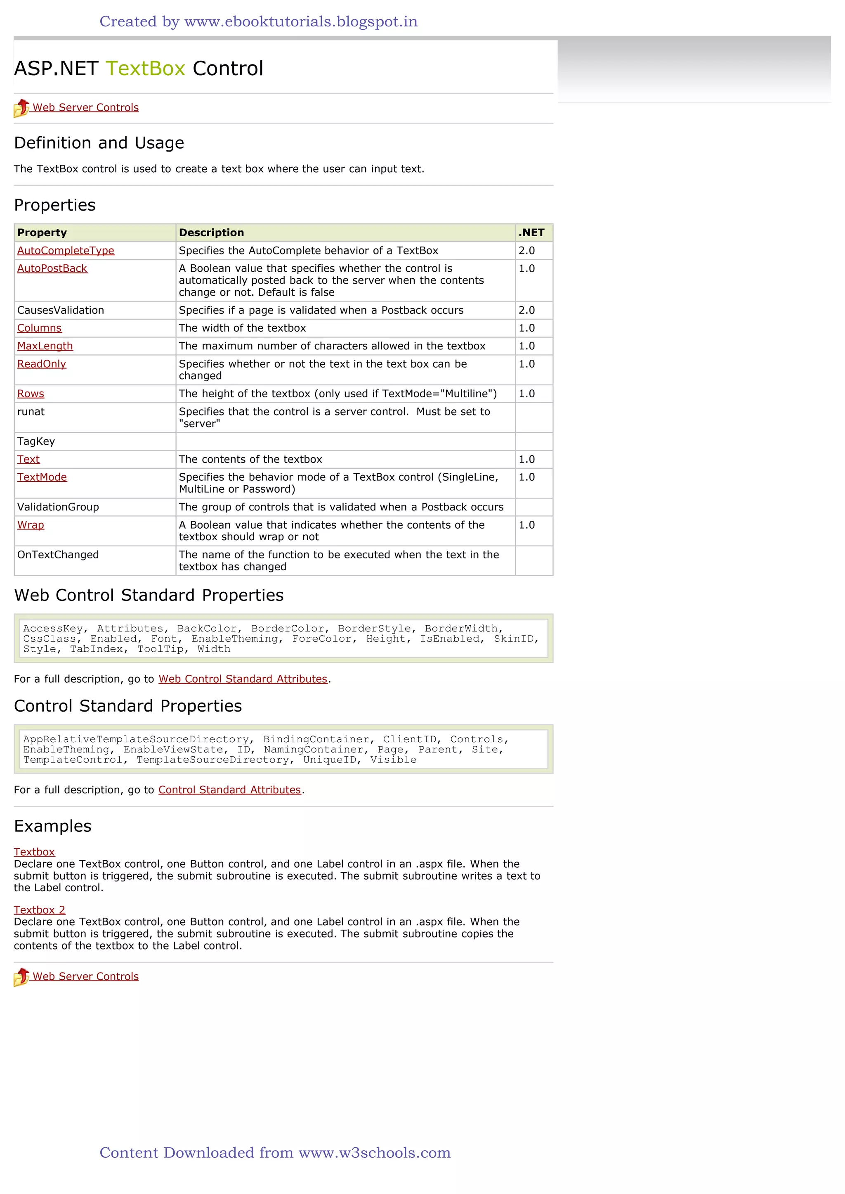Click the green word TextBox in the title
click(145, 69)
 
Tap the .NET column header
click(531, 233)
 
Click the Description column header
click(211, 233)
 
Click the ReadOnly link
click(42, 364)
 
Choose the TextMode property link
click(42, 477)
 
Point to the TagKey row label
click(36, 442)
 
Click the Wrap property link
click(31, 525)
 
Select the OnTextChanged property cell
click(58, 555)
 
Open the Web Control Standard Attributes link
click(243, 679)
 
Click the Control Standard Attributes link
click(229, 790)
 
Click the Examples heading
click(52, 826)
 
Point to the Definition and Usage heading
click(99, 143)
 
